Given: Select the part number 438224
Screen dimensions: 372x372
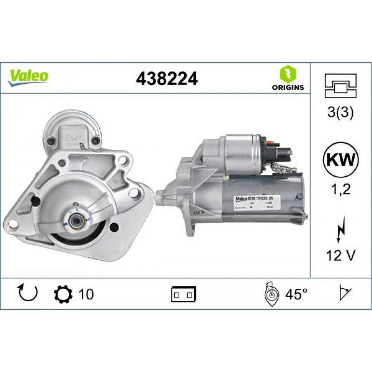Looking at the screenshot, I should coord(167,78).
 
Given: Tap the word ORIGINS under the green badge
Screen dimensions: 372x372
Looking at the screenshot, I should coord(288,88).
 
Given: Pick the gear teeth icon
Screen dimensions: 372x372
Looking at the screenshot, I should coord(62,294).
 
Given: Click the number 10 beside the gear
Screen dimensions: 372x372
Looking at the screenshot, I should coord(86,294).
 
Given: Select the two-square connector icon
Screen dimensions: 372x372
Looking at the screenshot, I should coord(184,294).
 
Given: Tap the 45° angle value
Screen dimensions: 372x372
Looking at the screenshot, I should coord(296,294).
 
